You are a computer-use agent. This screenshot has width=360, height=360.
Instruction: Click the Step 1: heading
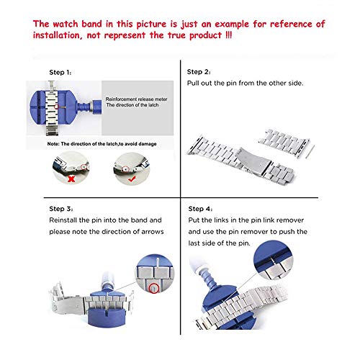point(60,72)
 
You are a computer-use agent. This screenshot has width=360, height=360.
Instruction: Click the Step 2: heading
point(199,72)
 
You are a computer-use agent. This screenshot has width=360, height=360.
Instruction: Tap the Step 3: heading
point(61,209)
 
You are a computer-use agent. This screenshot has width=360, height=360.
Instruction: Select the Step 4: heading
point(200,209)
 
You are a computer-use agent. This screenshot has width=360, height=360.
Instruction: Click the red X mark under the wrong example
point(71,179)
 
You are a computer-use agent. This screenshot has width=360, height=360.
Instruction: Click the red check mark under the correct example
point(132,179)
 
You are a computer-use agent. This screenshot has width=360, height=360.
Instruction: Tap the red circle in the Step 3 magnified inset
point(154,288)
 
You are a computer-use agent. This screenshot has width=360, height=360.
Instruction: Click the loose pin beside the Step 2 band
point(311,151)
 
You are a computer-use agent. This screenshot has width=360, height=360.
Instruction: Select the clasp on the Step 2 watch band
point(253,161)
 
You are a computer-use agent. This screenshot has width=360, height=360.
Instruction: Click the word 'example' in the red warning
point(232,24)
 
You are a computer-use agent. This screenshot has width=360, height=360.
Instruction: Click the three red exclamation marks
point(229,35)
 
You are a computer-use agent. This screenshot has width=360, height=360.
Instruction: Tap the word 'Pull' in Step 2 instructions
point(192,83)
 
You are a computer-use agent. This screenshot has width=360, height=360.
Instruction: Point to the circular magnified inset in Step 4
point(274,261)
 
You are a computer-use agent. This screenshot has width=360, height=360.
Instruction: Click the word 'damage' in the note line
point(148,144)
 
